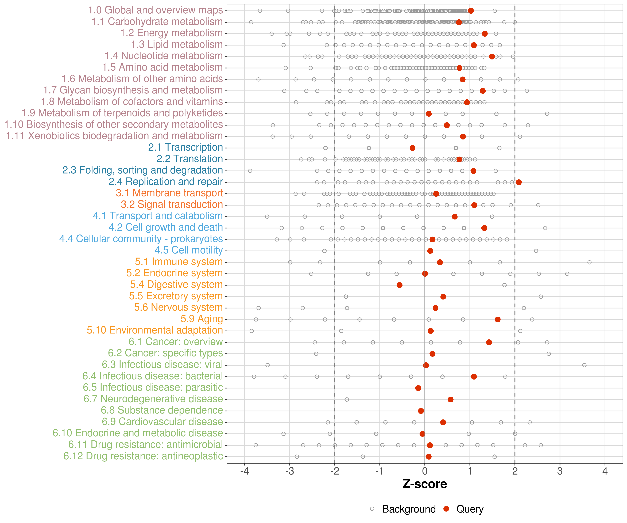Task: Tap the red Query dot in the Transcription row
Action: point(412,148)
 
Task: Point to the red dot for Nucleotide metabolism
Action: point(492,56)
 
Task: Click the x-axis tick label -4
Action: point(245,471)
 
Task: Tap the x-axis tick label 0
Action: point(425,471)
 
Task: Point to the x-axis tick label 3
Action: point(560,471)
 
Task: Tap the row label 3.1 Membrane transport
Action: point(169,193)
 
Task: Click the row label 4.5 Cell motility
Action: point(189,250)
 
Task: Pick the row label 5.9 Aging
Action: point(202,319)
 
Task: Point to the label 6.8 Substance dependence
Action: point(162,410)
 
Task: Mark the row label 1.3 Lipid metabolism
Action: point(177,44)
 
